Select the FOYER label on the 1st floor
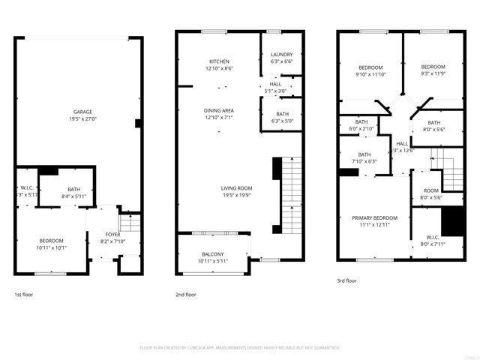pos(112,235)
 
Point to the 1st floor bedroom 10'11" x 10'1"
pos(51,244)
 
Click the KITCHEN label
pos(219,61)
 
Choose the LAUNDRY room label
pos(282,55)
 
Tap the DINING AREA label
pos(219,110)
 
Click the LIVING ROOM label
pos(236,187)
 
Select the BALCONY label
pos(213,254)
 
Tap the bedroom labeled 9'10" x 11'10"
pos(370,67)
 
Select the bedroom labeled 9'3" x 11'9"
pos(433,67)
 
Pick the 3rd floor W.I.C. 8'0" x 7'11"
pos(433,240)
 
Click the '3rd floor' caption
pos(346,280)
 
